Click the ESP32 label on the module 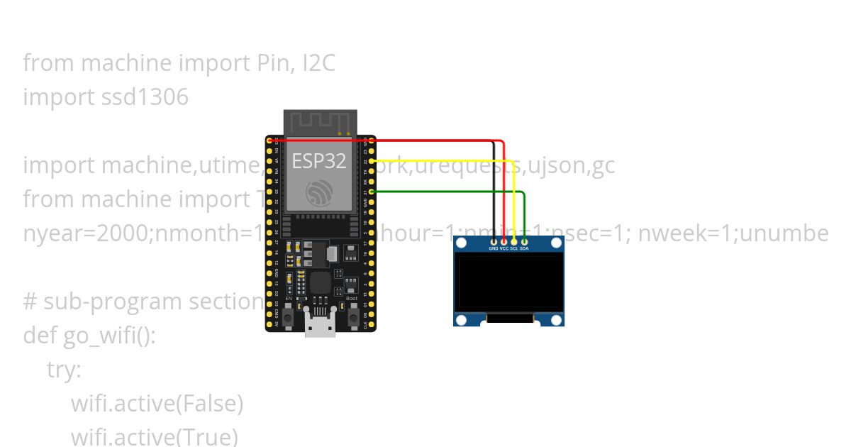click(319, 160)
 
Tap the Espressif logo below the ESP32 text click(320, 193)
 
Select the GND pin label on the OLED click(494, 249)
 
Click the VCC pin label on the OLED click(504, 249)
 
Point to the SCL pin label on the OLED click(513, 249)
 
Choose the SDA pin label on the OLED click(524, 249)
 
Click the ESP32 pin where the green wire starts click(372, 191)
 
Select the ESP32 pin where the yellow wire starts click(372, 161)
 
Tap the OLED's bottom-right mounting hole click(557, 320)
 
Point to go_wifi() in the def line click(109, 335)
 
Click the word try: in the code click(64, 370)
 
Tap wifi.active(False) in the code click(157, 404)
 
